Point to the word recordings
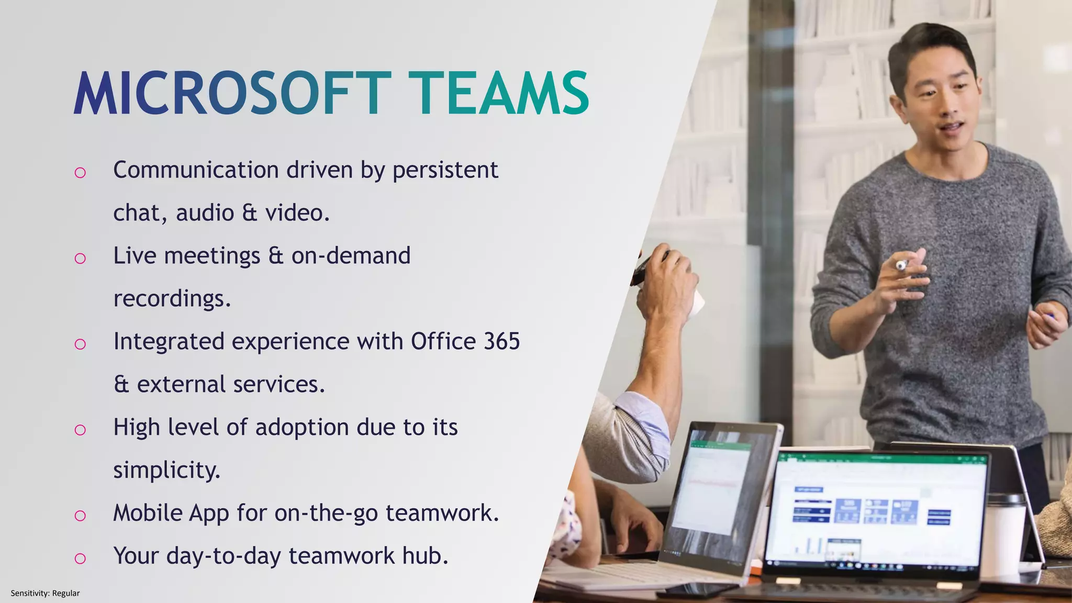[x=172, y=299]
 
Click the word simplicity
[x=166, y=470]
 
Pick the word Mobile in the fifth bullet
[x=147, y=513]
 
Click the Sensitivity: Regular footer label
[x=45, y=593]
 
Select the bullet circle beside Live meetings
[x=80, y=258]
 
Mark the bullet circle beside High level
[x=80, y=430]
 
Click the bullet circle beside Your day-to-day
[x=80, y=559]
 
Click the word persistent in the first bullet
[x=445, y=170]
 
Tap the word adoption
[x=302, y=428]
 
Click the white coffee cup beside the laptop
[x=1004, y=534]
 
